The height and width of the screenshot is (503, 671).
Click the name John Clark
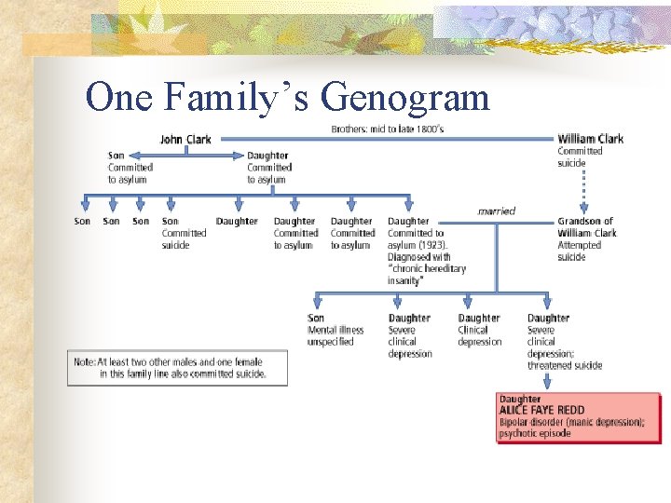click(x=185, y=140)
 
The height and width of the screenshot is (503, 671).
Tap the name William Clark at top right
click(x=590, y=139)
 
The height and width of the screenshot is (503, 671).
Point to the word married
click(x=496, y=211)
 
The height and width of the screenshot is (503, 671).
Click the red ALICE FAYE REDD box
click(x=579, y=416)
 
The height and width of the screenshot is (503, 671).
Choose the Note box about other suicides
click(x=177, y=367)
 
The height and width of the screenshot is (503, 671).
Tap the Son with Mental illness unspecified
click(x=335, y=330)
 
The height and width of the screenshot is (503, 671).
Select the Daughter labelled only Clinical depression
click(x=479, y=330)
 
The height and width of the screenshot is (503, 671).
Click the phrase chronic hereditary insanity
click(x=426, y=274)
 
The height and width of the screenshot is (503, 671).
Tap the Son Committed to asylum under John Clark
click(x=130, y=168)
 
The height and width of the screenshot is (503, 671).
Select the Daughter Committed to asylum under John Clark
click(x=268, y=168)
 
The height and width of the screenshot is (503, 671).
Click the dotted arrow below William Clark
click(x=584, y=191)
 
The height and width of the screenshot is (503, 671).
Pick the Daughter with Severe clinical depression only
click(x=410, y=335)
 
